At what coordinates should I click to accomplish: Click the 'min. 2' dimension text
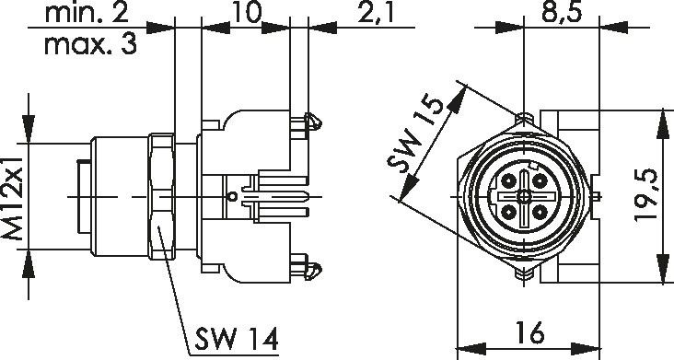coord(87,13)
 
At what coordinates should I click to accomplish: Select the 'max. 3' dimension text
coord(91,44)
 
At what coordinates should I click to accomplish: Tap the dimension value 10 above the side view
coord(246,12)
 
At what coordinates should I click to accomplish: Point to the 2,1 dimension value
coord(376,14)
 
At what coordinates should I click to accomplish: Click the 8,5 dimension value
coord(562,13)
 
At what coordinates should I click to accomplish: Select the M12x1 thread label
coord(12,198)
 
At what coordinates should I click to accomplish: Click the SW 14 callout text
coord(237,339)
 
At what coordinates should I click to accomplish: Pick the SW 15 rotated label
coord(414,135)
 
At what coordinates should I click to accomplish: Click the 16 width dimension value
coord(531,332)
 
